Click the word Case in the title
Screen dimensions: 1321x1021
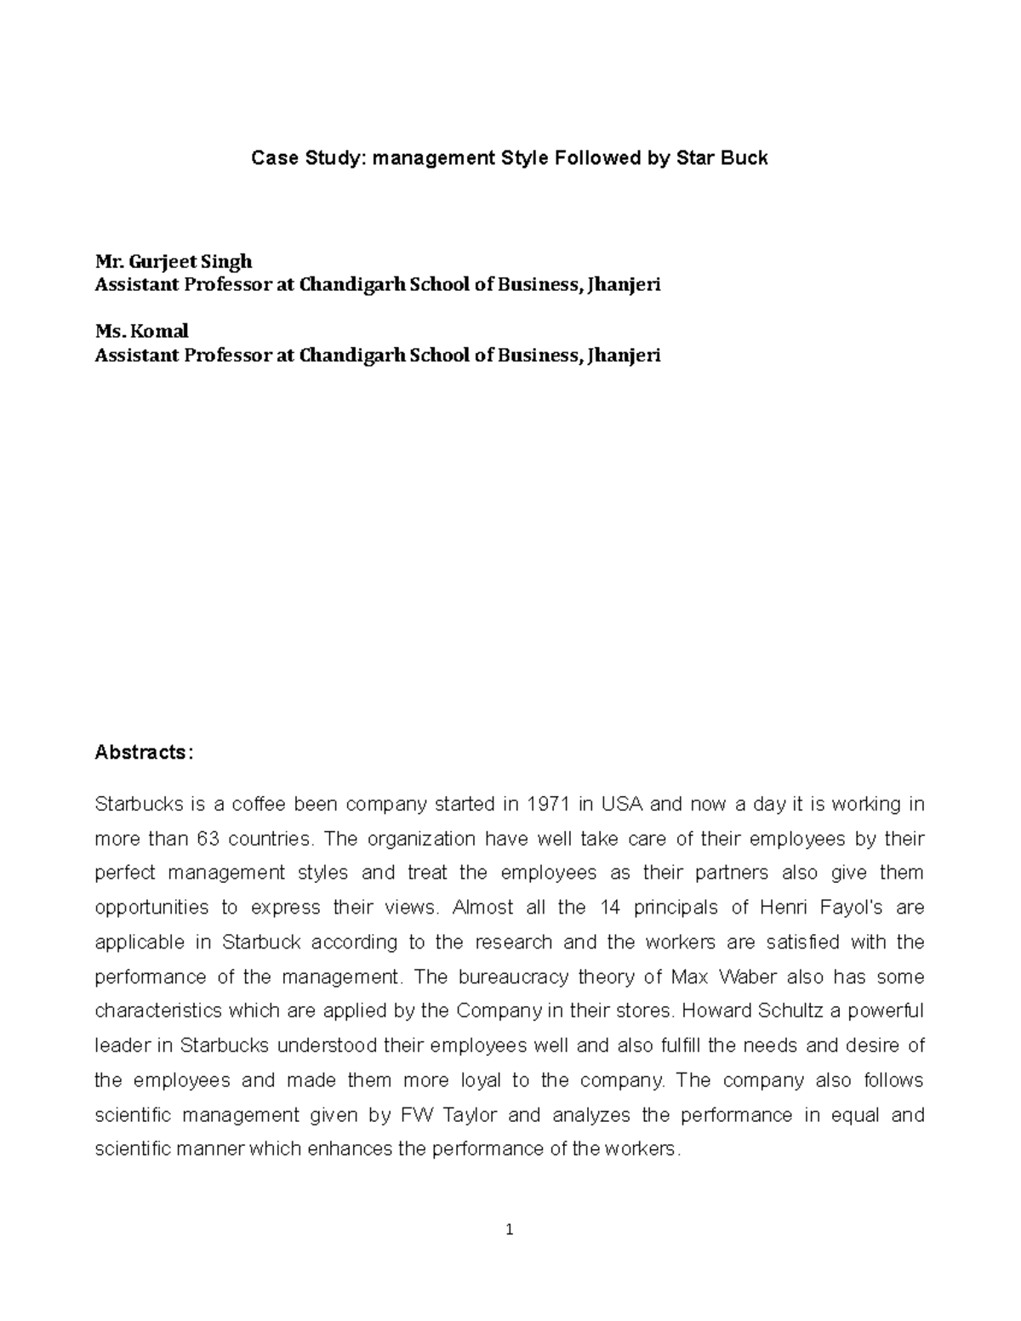[270, 157]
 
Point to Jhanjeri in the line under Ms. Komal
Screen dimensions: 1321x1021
[625, 355]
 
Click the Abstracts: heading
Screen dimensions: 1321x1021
[144, 752]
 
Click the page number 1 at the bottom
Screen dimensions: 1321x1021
[509, 1229]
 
